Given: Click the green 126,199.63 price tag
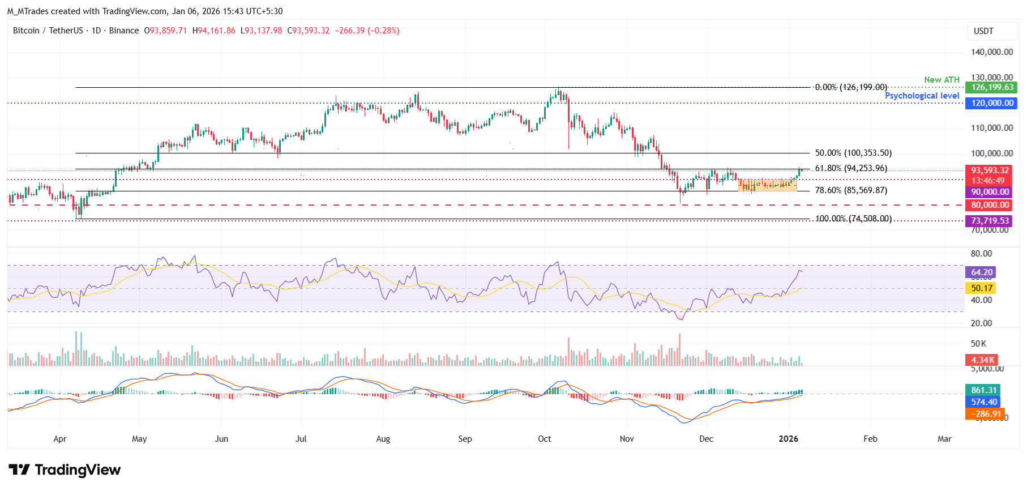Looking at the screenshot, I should (x=992, y=87).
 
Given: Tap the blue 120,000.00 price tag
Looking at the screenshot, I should (x=992, y=103).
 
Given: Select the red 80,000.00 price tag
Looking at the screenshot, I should (x=990, y=205).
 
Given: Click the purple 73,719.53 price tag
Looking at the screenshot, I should (x=990, y=221).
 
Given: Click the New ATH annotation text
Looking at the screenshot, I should (x=942, y=80).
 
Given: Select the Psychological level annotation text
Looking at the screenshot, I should (x=922, y=96).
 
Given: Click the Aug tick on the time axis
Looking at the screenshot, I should (x=383, y=439).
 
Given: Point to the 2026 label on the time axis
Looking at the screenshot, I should (x=788, y=439).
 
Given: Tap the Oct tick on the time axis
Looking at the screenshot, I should (x=545, y=439).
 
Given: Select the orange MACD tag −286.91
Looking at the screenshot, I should (x=984, y=414).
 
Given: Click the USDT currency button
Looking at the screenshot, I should (x=983, y=31).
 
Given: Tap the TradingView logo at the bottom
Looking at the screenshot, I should (x=65, y=470).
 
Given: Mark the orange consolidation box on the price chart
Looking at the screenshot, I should (x=767, y=185).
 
